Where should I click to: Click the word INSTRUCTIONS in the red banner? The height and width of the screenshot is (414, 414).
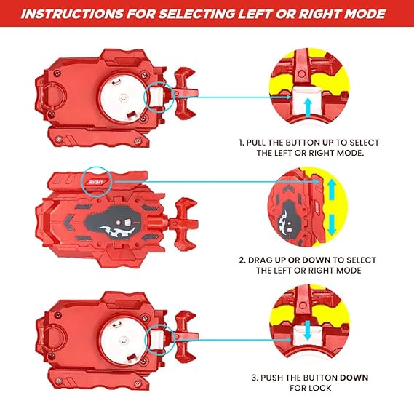point(72,14)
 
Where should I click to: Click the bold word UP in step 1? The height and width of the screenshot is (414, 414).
point(328,143)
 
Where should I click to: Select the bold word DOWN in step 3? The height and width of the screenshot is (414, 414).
point(354,378)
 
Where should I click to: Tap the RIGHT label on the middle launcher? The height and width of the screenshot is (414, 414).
point(96,182)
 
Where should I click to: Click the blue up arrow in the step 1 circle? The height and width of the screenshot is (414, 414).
point(308,107)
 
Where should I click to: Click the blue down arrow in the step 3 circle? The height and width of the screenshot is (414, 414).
point(307,330)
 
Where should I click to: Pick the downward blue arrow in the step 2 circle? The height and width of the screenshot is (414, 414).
point(331,224)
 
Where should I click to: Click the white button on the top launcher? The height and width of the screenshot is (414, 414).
point(156,97)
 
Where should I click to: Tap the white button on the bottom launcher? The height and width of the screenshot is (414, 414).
point(157,339)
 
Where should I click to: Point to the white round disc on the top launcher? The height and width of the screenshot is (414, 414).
point(122,98)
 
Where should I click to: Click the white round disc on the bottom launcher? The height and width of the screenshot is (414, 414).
point(123,341)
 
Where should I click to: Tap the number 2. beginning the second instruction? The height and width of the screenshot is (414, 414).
point(242,260)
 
